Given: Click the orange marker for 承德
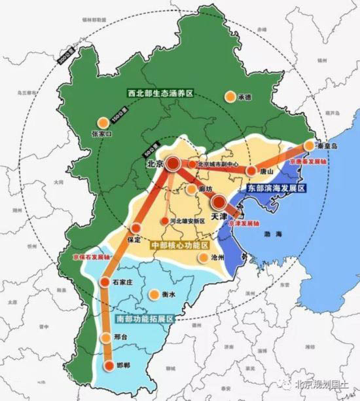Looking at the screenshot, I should (x=230, y=97).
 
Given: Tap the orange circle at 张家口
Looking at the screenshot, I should (x=102, y=123).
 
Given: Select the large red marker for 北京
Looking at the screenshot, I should (x=173, y=164).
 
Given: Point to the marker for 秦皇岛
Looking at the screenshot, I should (x=310, y=146).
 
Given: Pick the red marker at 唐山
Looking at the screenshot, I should (x=251, y=170).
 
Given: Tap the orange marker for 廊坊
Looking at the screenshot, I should (x=190, y=189).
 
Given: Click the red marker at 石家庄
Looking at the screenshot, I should (x=104, y=282).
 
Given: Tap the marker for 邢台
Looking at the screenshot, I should (x=106, y=338).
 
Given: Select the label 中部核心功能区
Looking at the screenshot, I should (x=179, y=244).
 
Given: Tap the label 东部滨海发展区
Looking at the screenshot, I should (x=277, y=187).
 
